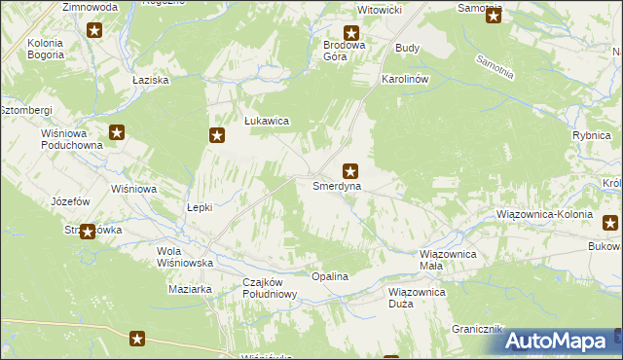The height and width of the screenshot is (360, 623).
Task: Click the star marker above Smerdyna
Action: pos(349,170)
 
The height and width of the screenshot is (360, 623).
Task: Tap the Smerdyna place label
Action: pos(337,185)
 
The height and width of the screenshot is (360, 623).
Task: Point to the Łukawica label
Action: pos(266,123)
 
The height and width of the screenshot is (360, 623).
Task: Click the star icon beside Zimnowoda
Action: pos(94,30)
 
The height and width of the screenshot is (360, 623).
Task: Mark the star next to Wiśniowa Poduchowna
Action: pos(117,133)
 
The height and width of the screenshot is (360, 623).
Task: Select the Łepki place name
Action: pos(199,207)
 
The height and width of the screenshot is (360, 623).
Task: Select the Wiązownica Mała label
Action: pos(447,260)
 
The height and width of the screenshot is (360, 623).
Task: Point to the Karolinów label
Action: pos(406,78)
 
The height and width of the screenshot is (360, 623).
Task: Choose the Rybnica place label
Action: pos(591,136)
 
